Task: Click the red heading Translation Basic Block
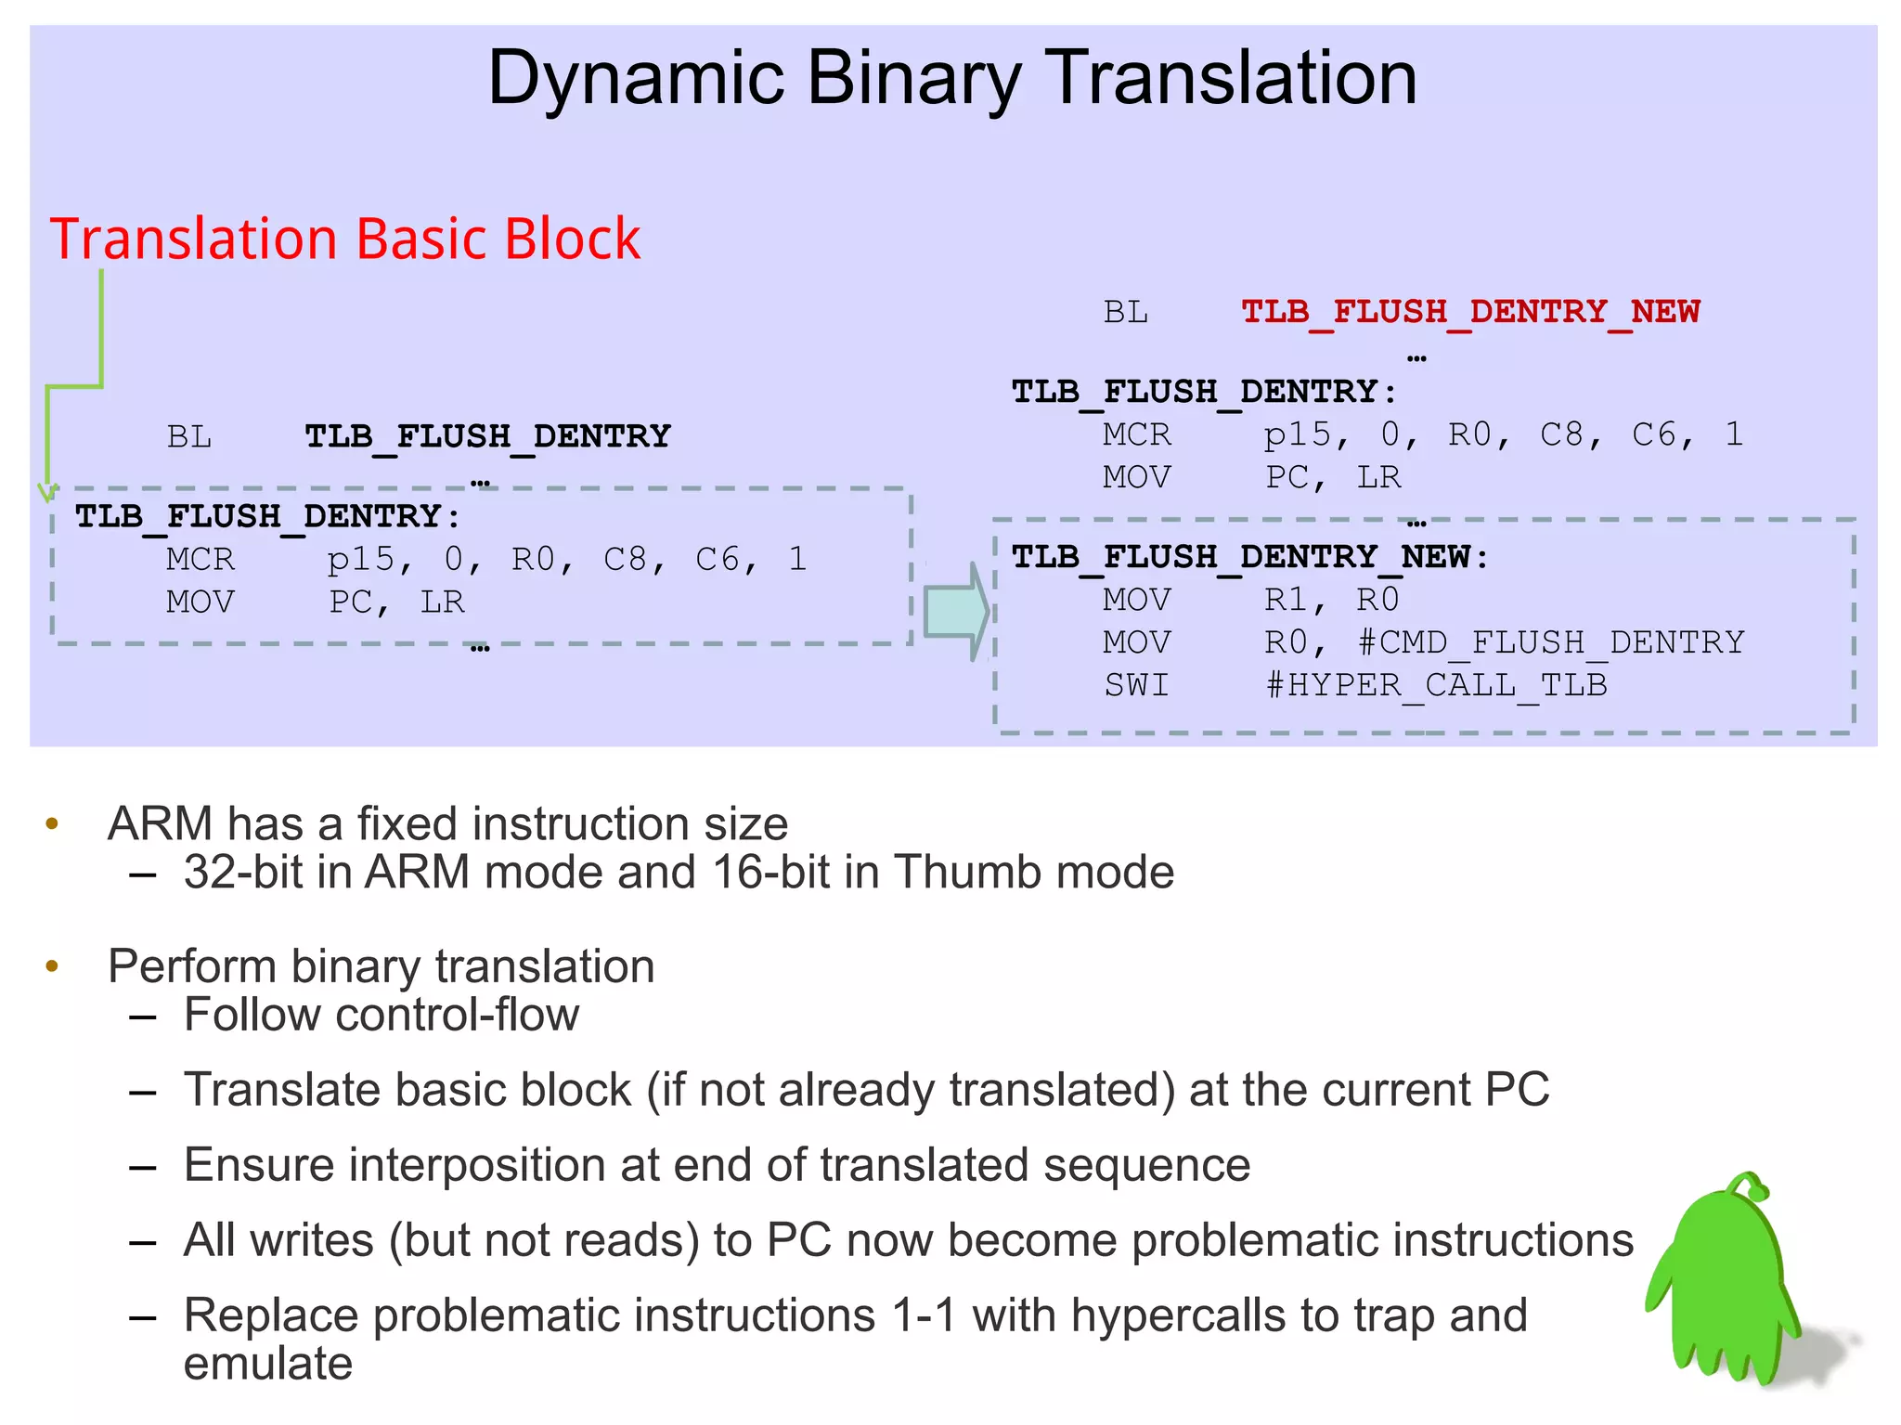(344, 239)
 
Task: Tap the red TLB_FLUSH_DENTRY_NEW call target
(1470, 311)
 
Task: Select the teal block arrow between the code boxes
(956, 611)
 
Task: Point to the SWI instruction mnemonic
(1136, 685)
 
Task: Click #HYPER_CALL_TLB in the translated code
(1436, 685)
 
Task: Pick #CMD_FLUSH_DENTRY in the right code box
(1550, 642)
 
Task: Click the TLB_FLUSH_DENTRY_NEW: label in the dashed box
(1249, 557)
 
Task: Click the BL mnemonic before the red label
(1125, 312)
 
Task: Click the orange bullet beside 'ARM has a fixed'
(53, 823)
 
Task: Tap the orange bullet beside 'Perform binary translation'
(53, 966)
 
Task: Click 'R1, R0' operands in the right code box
(1331, 600)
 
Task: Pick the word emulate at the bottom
(268, 1364)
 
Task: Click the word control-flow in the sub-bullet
(457, 1015)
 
